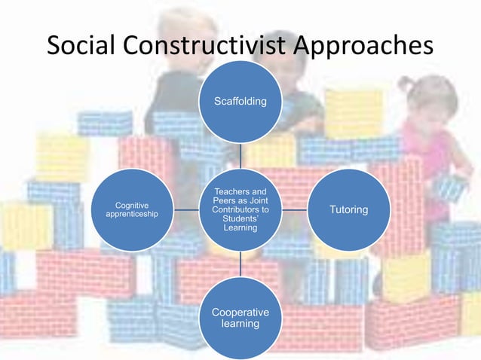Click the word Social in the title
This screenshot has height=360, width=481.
pos(84,46)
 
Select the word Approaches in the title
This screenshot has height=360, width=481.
pos(363,46)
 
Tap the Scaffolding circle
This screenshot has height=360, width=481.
pos(240,101)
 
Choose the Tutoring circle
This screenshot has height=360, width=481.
pos(349,209)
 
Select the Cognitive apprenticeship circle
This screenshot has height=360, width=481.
pos(132,209)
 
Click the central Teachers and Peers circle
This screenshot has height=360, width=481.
pos(240,209)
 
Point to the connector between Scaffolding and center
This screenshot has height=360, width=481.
pos(240,155)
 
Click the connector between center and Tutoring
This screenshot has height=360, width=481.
pos(295,209)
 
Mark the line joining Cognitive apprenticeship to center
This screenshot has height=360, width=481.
pos(186,209)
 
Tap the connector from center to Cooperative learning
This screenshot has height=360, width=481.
pos(240,264)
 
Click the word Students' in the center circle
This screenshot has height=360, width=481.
pos(240,218)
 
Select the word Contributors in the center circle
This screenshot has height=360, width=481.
pos(239,209)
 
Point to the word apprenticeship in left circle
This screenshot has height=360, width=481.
pos(132,215)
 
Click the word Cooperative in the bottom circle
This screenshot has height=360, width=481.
pos(240,312)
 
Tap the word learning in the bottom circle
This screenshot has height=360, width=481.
pos(240,324)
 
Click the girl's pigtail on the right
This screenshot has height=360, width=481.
pos(407,83)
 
